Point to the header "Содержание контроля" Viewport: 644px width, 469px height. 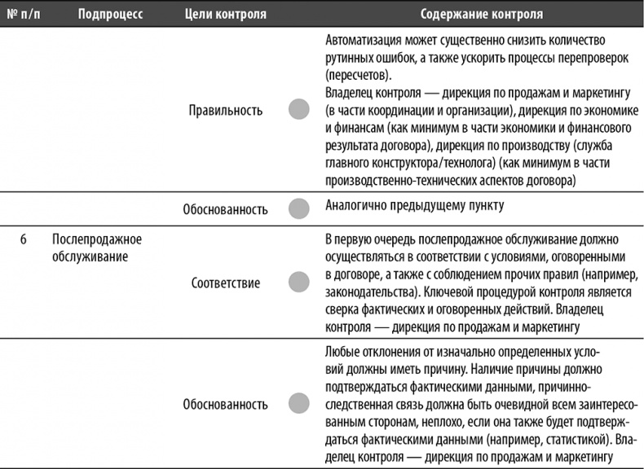482,15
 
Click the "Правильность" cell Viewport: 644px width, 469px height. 225,111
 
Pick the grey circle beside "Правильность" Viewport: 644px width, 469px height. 299,111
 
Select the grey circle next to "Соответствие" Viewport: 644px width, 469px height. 299,283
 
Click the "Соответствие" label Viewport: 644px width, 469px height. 226,283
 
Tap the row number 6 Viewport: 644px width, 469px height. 24,239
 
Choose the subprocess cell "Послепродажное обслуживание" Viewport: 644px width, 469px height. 96,248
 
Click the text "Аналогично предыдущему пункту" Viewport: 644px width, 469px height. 414,206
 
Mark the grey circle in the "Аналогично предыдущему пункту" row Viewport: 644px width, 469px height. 299,208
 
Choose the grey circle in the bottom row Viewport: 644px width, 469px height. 299,402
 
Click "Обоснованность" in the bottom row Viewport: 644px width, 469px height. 226,403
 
